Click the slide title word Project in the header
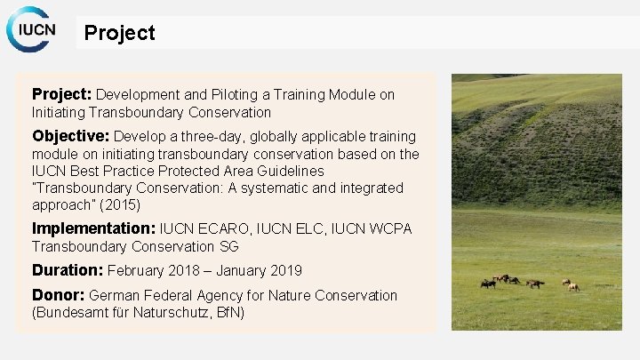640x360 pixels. (119, 33)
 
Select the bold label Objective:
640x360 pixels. (70, 136)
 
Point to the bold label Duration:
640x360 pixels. (67, 270)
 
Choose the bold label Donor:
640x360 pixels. (58, 294)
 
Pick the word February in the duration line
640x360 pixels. (140, 270)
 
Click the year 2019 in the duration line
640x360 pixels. (282, 270)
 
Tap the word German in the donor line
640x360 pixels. (116, 295)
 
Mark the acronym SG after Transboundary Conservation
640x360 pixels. (228, 246)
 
